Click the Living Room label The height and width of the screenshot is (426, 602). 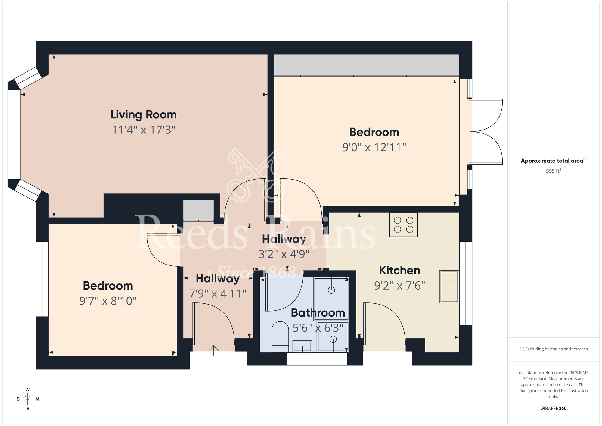[143, 115]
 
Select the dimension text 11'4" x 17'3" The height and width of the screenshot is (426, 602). [143, 130]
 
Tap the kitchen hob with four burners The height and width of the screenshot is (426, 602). [403, 225]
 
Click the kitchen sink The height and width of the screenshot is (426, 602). [449, 287]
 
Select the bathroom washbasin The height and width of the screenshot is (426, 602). [302, 346]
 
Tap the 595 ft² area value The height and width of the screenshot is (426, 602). [553, 171]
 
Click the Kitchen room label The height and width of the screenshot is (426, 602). [399, 270]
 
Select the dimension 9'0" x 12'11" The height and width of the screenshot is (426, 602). [374, 147]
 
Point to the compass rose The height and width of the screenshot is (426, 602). [28, 399]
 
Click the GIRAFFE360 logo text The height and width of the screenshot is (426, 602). [553, 409]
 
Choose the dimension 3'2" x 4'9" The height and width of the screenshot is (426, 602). [284, 254]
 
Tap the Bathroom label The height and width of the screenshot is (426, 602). [318, 313]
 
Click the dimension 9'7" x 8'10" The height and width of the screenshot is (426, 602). [108, 301]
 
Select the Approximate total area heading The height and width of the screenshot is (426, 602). [553, 161]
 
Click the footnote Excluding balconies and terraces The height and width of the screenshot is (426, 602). [553, 349]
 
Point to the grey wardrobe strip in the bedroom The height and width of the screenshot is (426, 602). [366, 64]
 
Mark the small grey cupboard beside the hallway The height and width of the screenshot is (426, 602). [198, 210]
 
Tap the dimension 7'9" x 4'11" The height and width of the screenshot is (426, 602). [217, 293]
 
